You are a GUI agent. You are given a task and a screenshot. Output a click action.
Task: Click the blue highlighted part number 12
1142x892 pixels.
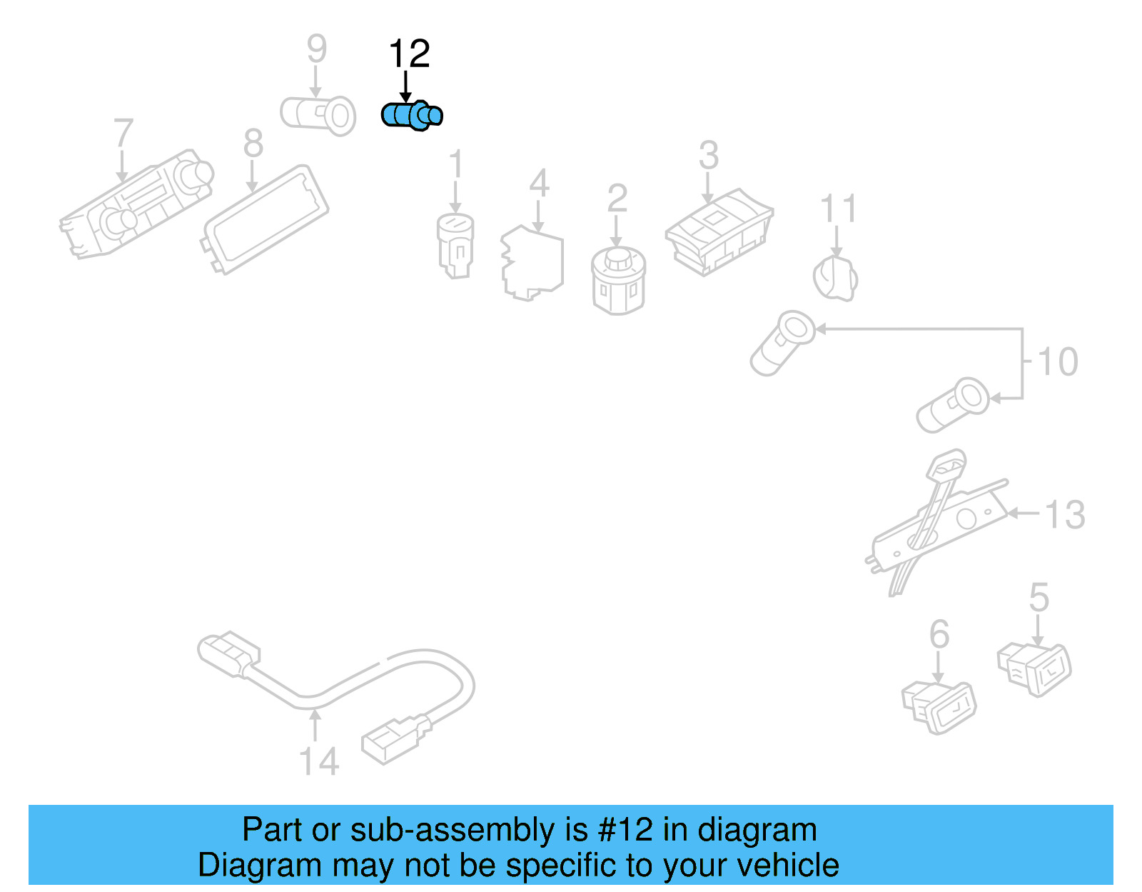(411, 115)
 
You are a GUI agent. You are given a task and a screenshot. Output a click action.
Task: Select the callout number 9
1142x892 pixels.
(317, 49)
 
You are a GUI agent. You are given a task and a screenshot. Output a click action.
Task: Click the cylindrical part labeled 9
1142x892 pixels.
(318, 116)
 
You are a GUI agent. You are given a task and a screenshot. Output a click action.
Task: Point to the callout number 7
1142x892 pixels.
(123, 133)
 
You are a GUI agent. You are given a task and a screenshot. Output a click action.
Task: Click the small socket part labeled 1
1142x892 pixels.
(455, 246)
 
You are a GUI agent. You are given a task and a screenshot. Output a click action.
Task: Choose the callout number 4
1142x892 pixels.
(540, 183)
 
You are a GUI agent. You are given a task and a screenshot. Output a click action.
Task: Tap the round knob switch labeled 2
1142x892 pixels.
(618, 281)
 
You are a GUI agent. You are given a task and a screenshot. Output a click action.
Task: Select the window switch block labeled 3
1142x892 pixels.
(719, 231)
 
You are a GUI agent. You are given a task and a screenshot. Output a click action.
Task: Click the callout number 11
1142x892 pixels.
(838, 208)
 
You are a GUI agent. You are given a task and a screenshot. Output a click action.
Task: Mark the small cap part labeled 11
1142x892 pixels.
(835, 278)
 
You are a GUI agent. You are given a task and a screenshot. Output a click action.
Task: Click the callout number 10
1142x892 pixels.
(1058, 361)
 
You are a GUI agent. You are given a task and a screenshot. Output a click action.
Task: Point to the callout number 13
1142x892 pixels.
(1065, 514)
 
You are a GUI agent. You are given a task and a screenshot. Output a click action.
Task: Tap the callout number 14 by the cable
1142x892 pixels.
(318, 761)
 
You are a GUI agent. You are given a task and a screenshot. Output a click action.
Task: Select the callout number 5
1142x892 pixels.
(1039, 597)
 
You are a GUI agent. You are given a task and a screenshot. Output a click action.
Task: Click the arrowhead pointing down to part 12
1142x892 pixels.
(405, 97)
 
